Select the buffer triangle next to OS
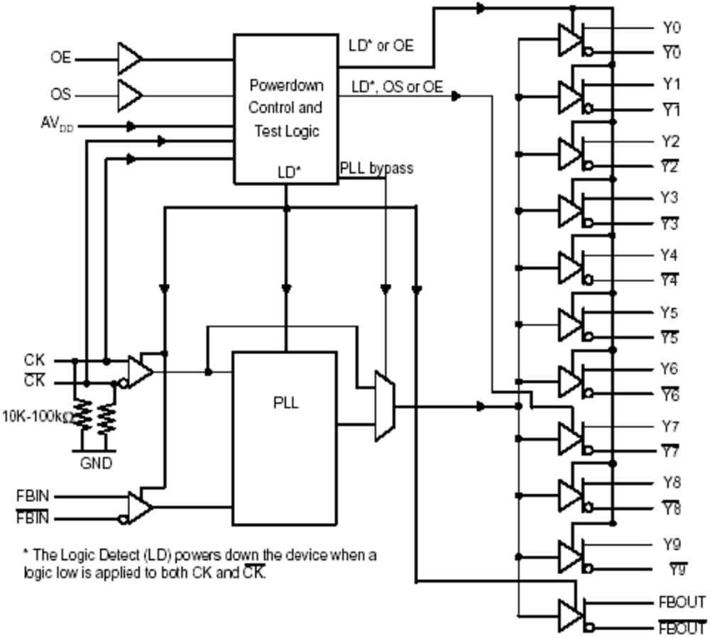click(x=129, y=94)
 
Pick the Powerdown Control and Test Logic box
click(x=285, y=108)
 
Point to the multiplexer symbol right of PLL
click(x=384, y=407)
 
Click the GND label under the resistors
click(x=95, y=463)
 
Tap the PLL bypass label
click(x=376, y=169)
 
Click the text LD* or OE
click(x=381, y=45)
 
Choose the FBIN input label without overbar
click(x=32, y=495)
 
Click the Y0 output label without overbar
click(x=671, y=28)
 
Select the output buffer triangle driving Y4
click(x=569, y=267)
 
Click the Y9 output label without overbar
click(x=671, y=545)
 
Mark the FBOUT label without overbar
click(x=682, y=602)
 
